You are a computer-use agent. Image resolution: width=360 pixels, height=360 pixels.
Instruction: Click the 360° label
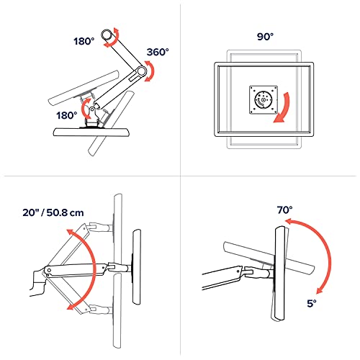[x=158, y=52]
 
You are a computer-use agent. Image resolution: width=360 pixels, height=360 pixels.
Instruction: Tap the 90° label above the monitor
[x=265, y=37]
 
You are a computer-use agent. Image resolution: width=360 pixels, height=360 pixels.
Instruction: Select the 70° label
[x=285, y=210]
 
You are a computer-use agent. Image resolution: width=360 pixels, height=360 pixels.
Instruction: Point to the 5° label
[x=312, y=303]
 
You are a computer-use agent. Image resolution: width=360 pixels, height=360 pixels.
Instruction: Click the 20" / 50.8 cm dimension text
[x=53, y=212]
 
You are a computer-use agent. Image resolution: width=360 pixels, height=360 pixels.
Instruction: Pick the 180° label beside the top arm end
[x=84, y=41]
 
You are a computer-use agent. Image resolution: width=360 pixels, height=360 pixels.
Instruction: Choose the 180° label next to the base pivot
[x=67, y=115]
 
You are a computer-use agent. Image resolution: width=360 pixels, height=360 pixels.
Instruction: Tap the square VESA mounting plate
[x=264, y=100]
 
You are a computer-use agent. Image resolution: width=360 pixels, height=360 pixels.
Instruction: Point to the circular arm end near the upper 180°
[x=107, y=35]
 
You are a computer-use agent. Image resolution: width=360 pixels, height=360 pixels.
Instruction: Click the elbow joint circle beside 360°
[x=141, y=71]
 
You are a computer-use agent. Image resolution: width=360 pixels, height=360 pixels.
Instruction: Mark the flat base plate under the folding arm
[x=91, y=132]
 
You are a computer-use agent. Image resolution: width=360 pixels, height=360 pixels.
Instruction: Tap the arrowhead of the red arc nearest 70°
[x=289, y=222]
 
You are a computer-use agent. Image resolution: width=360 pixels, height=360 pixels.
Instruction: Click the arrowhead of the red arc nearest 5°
[x=320, y=290]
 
